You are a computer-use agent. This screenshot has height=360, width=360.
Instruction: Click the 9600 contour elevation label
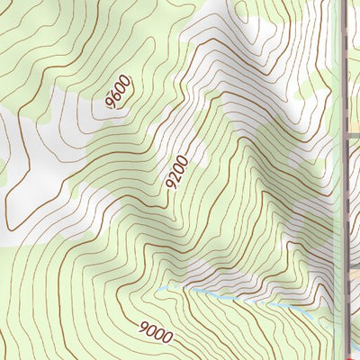[x=119, y=94]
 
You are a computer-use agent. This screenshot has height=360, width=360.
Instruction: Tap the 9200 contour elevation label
[x=176, y=171]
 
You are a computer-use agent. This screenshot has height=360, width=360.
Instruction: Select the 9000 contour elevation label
[x=156, y=331]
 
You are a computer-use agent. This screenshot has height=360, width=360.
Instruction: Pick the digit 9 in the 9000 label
[x=144, y=326]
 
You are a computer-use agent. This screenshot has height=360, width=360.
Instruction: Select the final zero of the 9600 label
[x=125, y=81]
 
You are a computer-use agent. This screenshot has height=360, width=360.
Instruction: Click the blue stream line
[x=225, y=293]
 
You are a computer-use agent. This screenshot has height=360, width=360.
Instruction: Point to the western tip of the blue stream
[x=160, y=288]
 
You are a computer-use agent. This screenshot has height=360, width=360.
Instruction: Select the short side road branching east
[x=354, y=135]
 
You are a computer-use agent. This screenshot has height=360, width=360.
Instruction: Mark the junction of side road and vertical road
[x=346, y=135]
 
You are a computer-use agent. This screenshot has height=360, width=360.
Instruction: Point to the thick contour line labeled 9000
[x=108, y=310]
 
